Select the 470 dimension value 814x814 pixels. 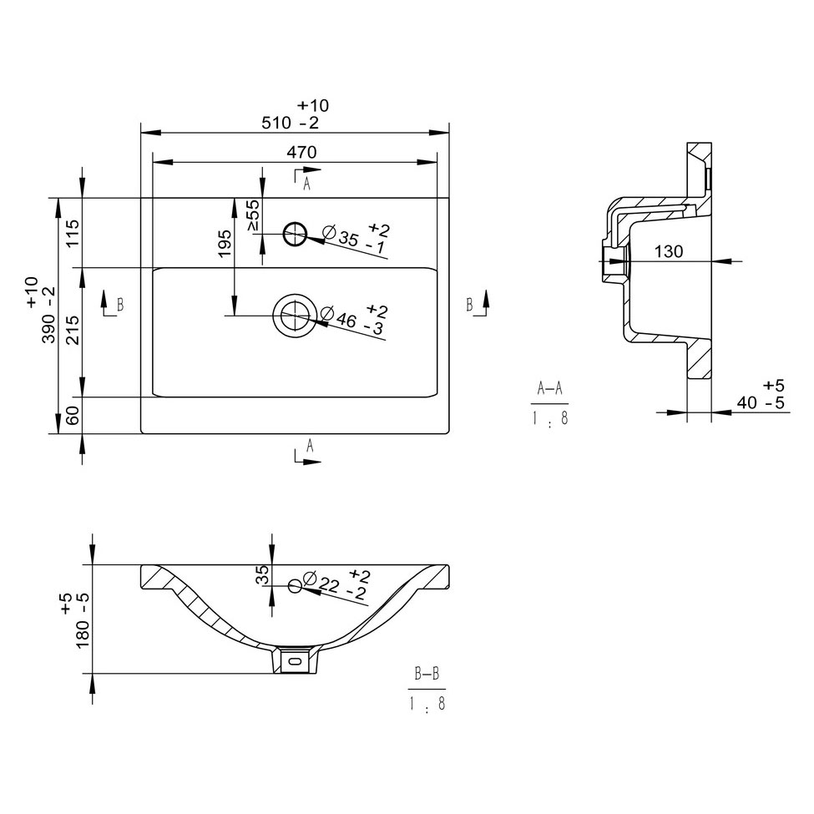click(x=301, y=152)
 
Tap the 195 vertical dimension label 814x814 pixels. click(x=225, y=243)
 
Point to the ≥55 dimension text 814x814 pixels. click(x=253, y=215)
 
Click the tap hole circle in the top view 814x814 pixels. click(x=296, y=234)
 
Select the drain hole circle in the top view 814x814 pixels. click(x=295, y=315)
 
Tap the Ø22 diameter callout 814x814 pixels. click(x=337, y=584)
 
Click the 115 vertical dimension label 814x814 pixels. click(x=73, y=233)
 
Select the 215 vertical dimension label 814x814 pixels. click(x=73, y=330)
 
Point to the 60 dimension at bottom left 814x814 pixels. click(x=73, y=415)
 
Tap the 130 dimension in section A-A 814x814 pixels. click(x=668, y=251)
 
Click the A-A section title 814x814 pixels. click(x=549, y=387)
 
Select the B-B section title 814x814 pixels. click(x=427, y=674)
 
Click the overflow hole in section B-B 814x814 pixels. click(x=295, y=586)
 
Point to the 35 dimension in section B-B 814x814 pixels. click(x=263, y=574)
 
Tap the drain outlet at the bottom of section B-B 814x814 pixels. click(x=295, y=660)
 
